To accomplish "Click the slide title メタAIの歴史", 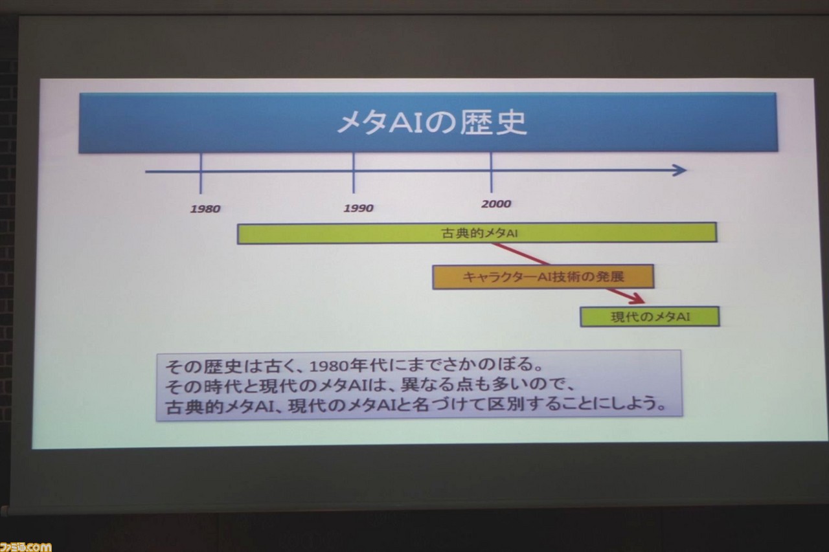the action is click(432, 122).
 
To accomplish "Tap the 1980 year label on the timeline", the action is click(205, 209).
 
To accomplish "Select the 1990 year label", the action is click(359, 208).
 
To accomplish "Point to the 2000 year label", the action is click(496, 204).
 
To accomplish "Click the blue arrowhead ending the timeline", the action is click(679, 170).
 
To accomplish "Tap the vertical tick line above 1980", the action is click(201, 173).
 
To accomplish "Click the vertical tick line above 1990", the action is click(354, 173).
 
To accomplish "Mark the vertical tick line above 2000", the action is click(491, 172).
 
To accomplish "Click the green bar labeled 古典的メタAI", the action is click(477, 233).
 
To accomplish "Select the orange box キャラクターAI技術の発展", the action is click(543, 276).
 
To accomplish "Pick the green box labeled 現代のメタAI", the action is click(650, 317).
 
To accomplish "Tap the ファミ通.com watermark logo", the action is click(25, 546).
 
